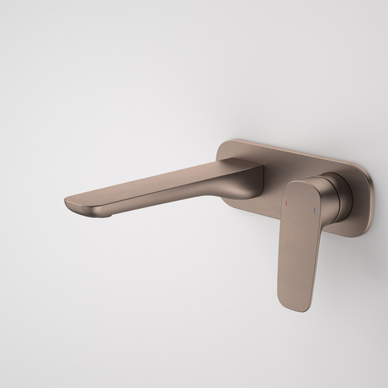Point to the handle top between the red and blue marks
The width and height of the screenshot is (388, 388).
(x=300, y=203)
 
